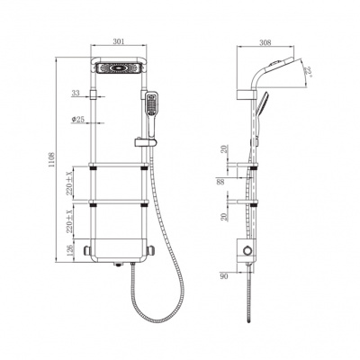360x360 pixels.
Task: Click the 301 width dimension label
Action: [119, 41]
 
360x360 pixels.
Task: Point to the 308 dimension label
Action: [265, 42]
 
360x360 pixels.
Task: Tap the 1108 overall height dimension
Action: [51, 159]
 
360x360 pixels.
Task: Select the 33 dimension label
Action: [76, 93]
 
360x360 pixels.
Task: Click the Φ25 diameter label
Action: [77, 120]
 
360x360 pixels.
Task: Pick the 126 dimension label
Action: [69, 250]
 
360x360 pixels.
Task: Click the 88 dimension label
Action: [220, 182]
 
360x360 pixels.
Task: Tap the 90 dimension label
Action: [224, 276]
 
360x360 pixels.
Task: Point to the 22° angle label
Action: [308, 72]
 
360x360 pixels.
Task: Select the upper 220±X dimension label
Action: [69, 184]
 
